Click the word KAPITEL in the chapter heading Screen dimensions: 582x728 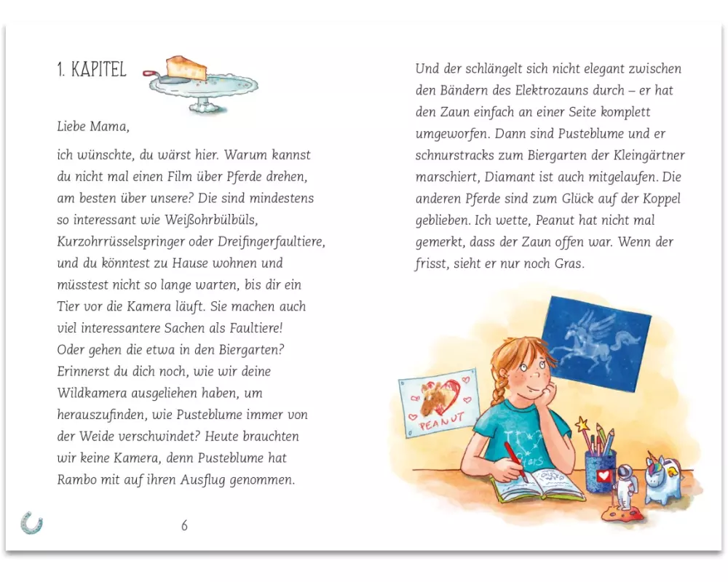[99, 71]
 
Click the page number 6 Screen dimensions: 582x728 [184, 525]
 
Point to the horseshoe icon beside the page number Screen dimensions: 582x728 [31, 522]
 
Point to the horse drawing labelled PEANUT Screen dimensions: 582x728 [439, 404]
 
